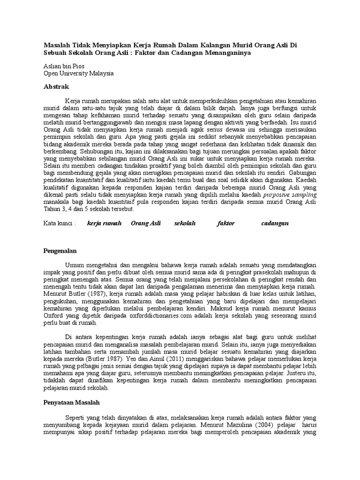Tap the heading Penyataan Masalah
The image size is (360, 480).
tap(71, 402)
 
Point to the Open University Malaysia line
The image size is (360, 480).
tap(78, 74)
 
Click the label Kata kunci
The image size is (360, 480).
tap(59, 223)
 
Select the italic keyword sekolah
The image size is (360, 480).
tap(185, 223)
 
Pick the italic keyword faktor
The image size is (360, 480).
tap(226, 223)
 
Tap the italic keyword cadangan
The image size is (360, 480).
tap(275, 223)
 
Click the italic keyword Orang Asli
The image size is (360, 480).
tap(146, 223)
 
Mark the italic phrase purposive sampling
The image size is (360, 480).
tap(295, 195)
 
